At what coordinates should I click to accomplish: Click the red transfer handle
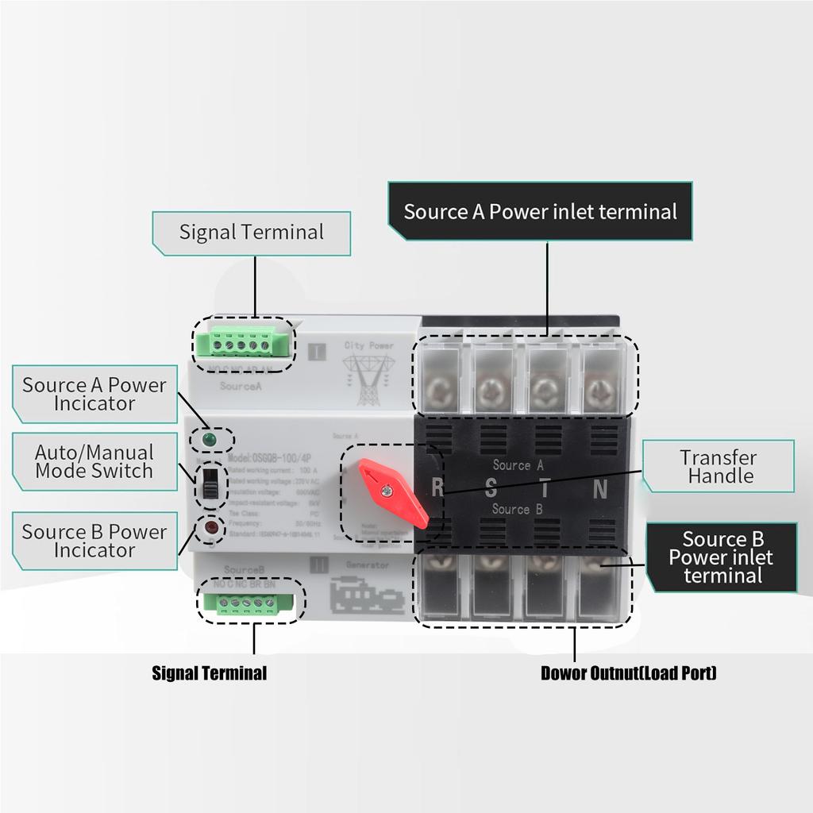pos(393,492)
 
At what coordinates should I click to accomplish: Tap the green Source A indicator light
pos(210,439)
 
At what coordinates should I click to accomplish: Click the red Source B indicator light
pos(210,526)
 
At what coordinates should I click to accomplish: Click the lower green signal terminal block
pos(249,603)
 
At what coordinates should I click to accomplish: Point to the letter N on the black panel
pos(601,489)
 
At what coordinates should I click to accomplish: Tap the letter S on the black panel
pos(491,489)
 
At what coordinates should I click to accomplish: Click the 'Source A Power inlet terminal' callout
pos(540,211)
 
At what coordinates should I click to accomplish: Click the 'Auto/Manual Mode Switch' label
pos(94,461)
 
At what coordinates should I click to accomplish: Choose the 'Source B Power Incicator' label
pos(94,541)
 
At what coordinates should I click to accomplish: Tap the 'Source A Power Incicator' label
pos(94,394)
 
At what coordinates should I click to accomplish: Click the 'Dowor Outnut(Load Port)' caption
pos(628,674)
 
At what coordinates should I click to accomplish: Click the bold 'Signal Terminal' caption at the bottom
pos(209,674)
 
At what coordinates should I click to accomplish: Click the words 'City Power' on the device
pos(368,346)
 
